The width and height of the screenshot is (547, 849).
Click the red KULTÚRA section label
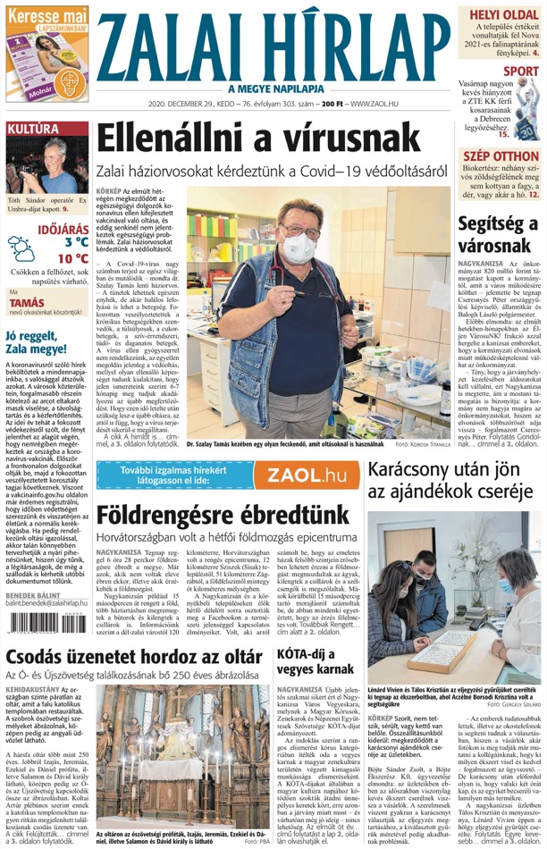click(x=33, y=130)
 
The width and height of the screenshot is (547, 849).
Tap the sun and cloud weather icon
click(x=21, y=248)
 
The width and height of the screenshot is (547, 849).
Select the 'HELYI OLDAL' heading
click(x=505, y=15)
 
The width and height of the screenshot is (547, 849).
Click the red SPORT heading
click(x=520, y=71)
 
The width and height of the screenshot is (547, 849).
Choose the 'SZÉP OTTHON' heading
click(x=501, y=156)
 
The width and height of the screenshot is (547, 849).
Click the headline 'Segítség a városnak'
click(x=496, y=234)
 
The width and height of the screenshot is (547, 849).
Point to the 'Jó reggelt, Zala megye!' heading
click(x=43, y=343)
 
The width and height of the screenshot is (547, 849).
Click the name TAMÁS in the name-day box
click(x=27, y=302)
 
